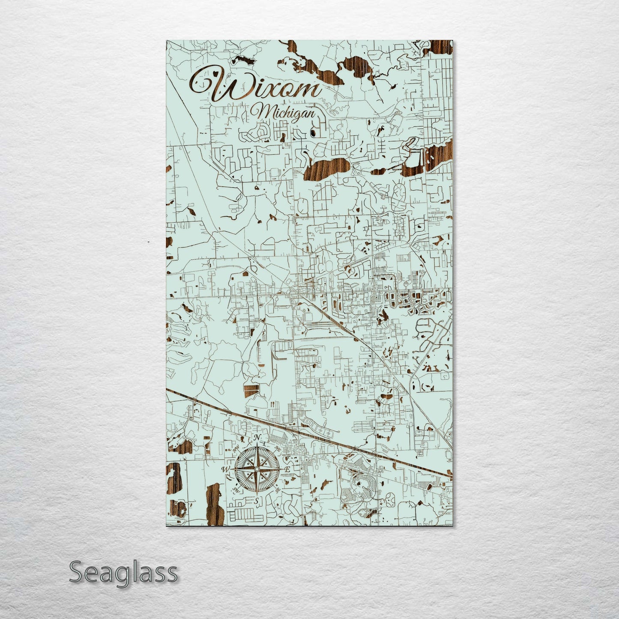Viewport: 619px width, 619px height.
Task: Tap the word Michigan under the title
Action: [x=285, y=114]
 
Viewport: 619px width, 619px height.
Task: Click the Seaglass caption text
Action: [x=123, y=572]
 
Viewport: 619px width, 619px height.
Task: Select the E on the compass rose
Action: [x=288, y=470]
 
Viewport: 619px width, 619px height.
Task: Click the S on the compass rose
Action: [x=256, y=501]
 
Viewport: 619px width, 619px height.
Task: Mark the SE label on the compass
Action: [x=277, y=490]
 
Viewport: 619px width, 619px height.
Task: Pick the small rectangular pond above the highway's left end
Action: [x=252, y=390]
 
